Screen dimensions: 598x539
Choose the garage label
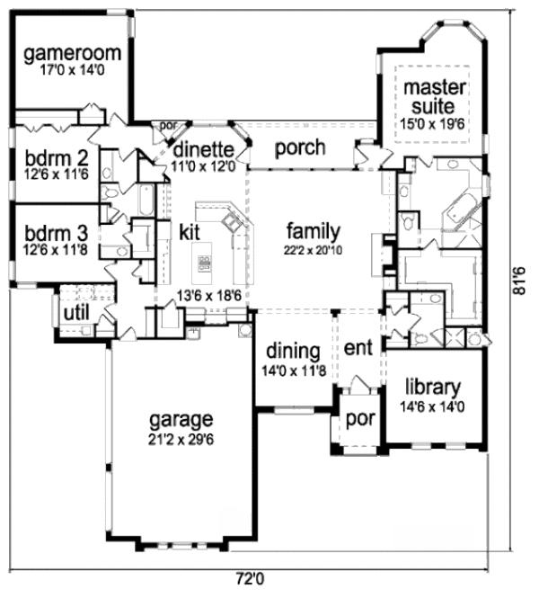pos(181,420)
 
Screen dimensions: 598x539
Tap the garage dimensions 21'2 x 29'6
pos(181,440)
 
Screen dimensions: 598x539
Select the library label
pos(432,388)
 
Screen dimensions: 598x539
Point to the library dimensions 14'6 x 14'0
pos(432,406)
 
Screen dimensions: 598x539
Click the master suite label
pos(434,96)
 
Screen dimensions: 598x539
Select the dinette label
pos(205,149)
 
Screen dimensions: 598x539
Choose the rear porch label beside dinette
pos(300,147)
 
